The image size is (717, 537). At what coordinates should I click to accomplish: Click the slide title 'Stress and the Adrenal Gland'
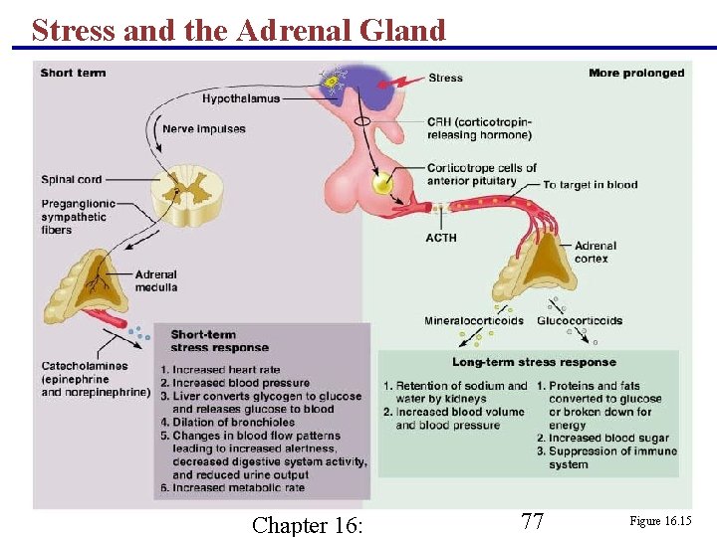click(238, 30)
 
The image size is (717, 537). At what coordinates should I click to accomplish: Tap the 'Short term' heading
click(73, 73)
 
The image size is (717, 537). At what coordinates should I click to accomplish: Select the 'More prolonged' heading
click(635, 73)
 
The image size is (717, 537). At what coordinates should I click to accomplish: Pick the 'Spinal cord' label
click(72, 180)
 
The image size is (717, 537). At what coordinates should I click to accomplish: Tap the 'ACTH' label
click(441, 238)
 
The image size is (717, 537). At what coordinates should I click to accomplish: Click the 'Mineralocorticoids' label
click(473, 321)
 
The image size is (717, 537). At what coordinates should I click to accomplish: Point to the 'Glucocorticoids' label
click(580, 321)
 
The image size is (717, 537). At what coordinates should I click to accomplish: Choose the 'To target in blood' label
click(591, 185)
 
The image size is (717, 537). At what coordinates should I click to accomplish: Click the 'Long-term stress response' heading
click(534, 362)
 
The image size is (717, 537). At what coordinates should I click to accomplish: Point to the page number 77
click(533, 521)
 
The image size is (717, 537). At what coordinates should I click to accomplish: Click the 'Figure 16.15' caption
click(659, 521)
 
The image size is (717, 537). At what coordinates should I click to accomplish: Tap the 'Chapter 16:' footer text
click(308, 524)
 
